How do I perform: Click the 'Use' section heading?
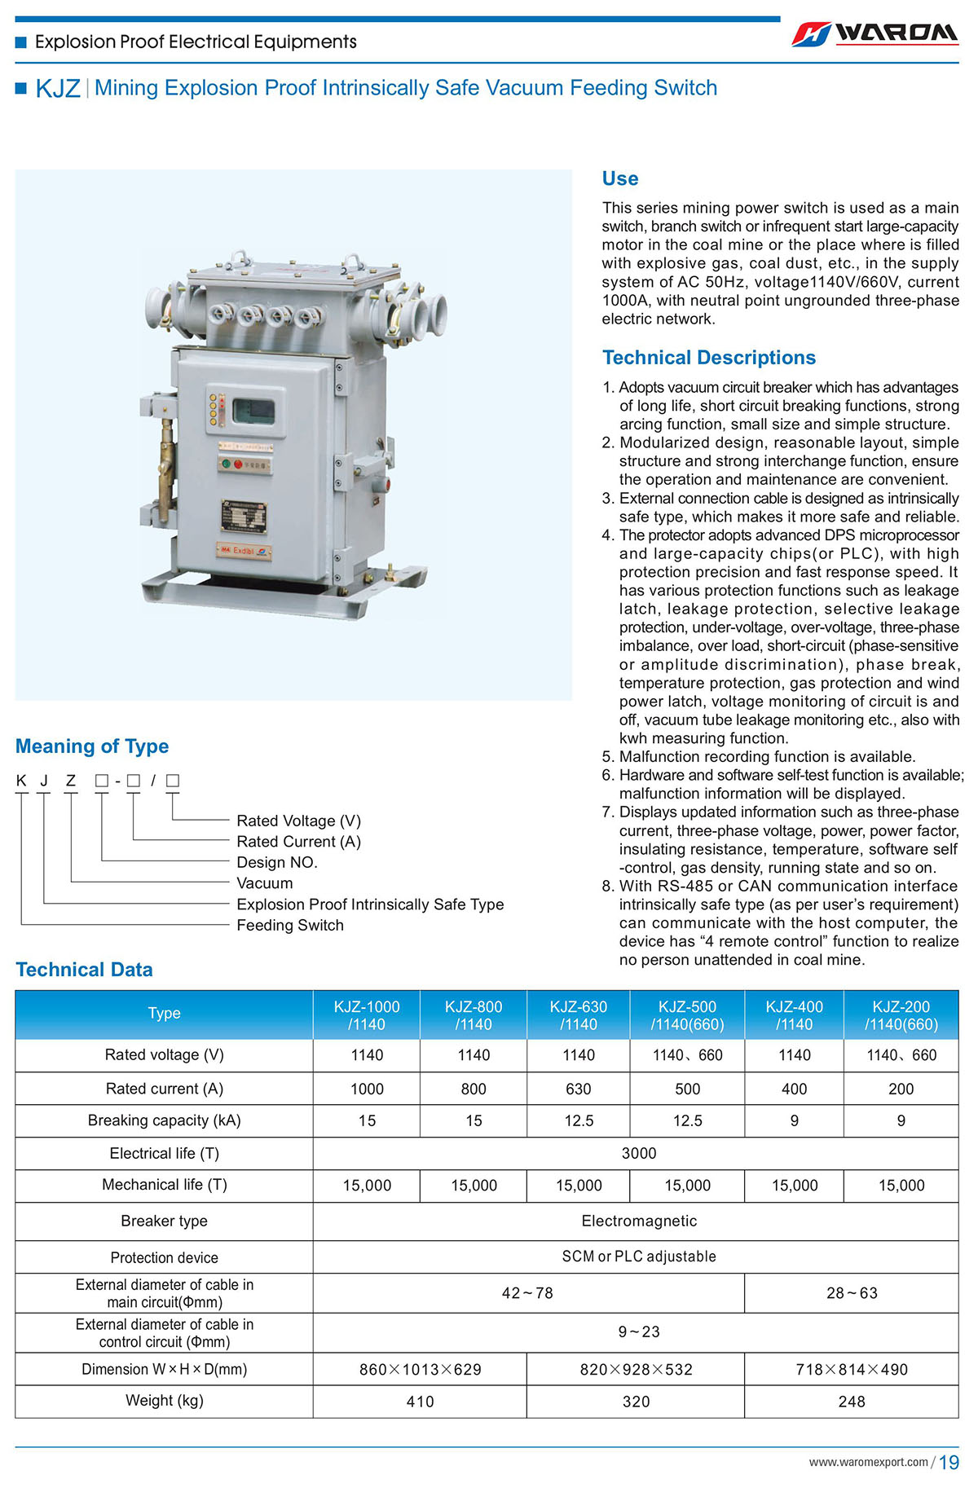[619, 178]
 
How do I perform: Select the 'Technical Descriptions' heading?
[708, 358]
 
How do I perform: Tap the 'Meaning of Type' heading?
[92, 746]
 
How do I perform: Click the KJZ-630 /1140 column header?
[578, 1015]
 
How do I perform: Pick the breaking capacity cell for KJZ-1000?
[367, 1121]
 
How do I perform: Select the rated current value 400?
[794, 1089]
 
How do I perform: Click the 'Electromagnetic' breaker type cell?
[639, 1221]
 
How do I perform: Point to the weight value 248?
[851, 1402]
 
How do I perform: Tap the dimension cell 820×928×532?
[636, 1370]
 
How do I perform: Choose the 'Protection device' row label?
[164, 1257]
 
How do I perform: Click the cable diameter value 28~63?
[851, 1293]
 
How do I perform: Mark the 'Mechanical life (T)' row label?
[164, 1185]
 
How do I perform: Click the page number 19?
[949, 1463]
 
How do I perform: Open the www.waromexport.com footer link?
[868, 1462]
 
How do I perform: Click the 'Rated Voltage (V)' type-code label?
[298, 821]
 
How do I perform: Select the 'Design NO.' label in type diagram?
[276, 862]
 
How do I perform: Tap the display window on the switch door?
[253, 411]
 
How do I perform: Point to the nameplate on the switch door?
[244, 517]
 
